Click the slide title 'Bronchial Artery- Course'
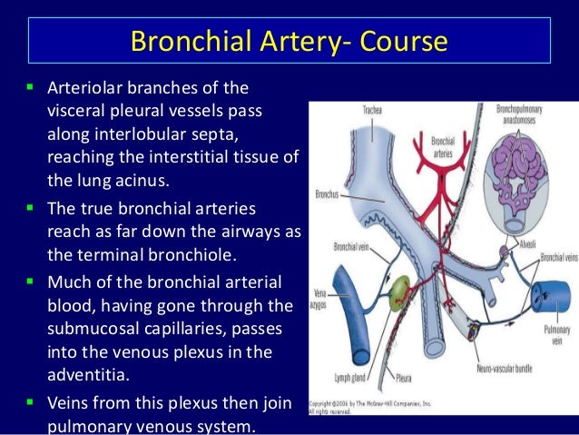coord(289,42)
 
